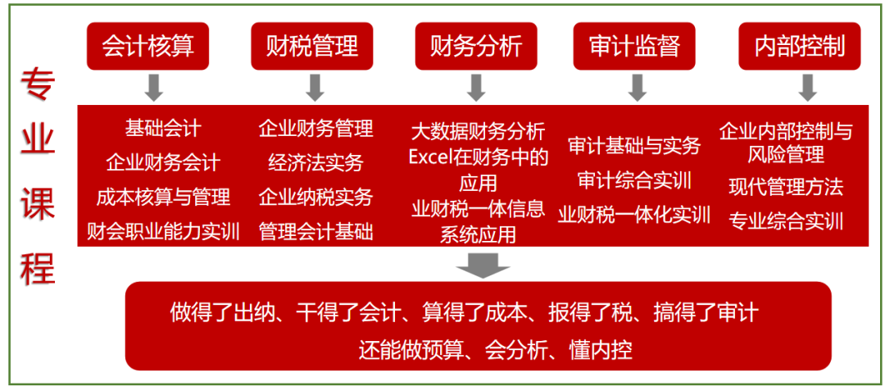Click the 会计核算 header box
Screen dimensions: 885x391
point(147,46)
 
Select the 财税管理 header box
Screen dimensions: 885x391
point(311,46)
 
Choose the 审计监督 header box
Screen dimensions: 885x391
point(634,46)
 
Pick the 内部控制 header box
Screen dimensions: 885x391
point(799,46)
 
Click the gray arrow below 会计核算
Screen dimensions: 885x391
point(152,87)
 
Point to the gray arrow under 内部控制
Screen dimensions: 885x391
point(808,87)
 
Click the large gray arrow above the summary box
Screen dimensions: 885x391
point(483,265)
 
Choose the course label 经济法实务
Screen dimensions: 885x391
point(315,162)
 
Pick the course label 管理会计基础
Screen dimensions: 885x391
point(315,232)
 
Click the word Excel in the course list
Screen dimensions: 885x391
point(430,157)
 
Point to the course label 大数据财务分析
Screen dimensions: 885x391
point(478,131)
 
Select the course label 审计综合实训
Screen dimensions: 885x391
point(634,180)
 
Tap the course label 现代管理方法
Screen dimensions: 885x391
point(786,187)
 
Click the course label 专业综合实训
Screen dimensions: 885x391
point(786,221)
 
